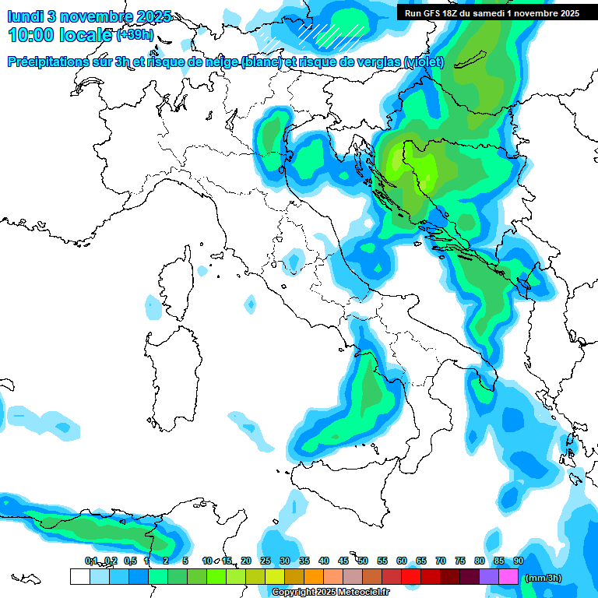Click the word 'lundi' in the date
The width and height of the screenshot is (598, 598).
click(25, 16)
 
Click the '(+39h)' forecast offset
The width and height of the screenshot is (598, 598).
click(135, 35)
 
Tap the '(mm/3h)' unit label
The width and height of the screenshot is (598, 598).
click(543, 578)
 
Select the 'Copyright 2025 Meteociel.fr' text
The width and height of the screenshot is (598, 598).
click(330, 593)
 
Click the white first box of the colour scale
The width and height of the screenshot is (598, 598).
click(79, 577)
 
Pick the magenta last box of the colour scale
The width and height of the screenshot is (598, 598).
click(508, 577)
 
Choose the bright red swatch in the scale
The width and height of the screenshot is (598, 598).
click(411, 577)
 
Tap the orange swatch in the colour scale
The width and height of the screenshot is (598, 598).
click(314, 577)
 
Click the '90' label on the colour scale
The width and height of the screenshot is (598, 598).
click(518, 561)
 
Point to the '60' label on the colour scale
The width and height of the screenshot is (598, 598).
click(402, 561)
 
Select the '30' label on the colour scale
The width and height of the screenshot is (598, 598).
click(285, 561)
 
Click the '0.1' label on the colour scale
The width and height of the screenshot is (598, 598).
click(90, 561)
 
